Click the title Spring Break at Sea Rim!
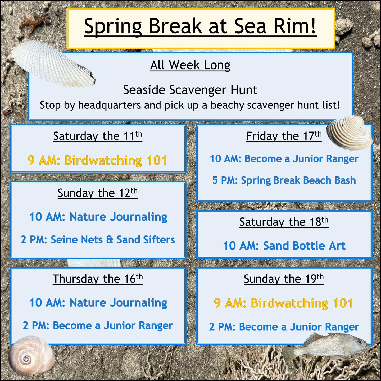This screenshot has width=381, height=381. click(200, 26)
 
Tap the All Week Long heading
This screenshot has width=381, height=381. click(190, 65)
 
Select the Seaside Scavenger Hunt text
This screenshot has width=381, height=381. click(190, 90)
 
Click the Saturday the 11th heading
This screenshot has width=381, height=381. click(98, 136)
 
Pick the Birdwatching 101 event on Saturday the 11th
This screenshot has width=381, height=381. click(98, 160)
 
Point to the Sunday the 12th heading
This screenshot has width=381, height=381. click(98, 193)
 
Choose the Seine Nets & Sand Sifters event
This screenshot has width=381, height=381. click(98, 240)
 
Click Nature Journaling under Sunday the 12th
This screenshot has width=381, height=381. click(98, 217)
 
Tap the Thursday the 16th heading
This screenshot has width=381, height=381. click(98, 279)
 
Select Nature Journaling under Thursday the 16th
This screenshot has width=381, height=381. click(98, 303)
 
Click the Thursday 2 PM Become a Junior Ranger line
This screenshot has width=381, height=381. click(98, 326)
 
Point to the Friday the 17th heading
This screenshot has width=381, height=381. click(284, 136)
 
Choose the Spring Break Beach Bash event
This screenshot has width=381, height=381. click(284, 180)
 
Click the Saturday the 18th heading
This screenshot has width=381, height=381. click(284, 222)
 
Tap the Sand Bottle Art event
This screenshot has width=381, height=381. click(284, 246)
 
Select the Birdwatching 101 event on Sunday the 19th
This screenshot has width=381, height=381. click(284, 303)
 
